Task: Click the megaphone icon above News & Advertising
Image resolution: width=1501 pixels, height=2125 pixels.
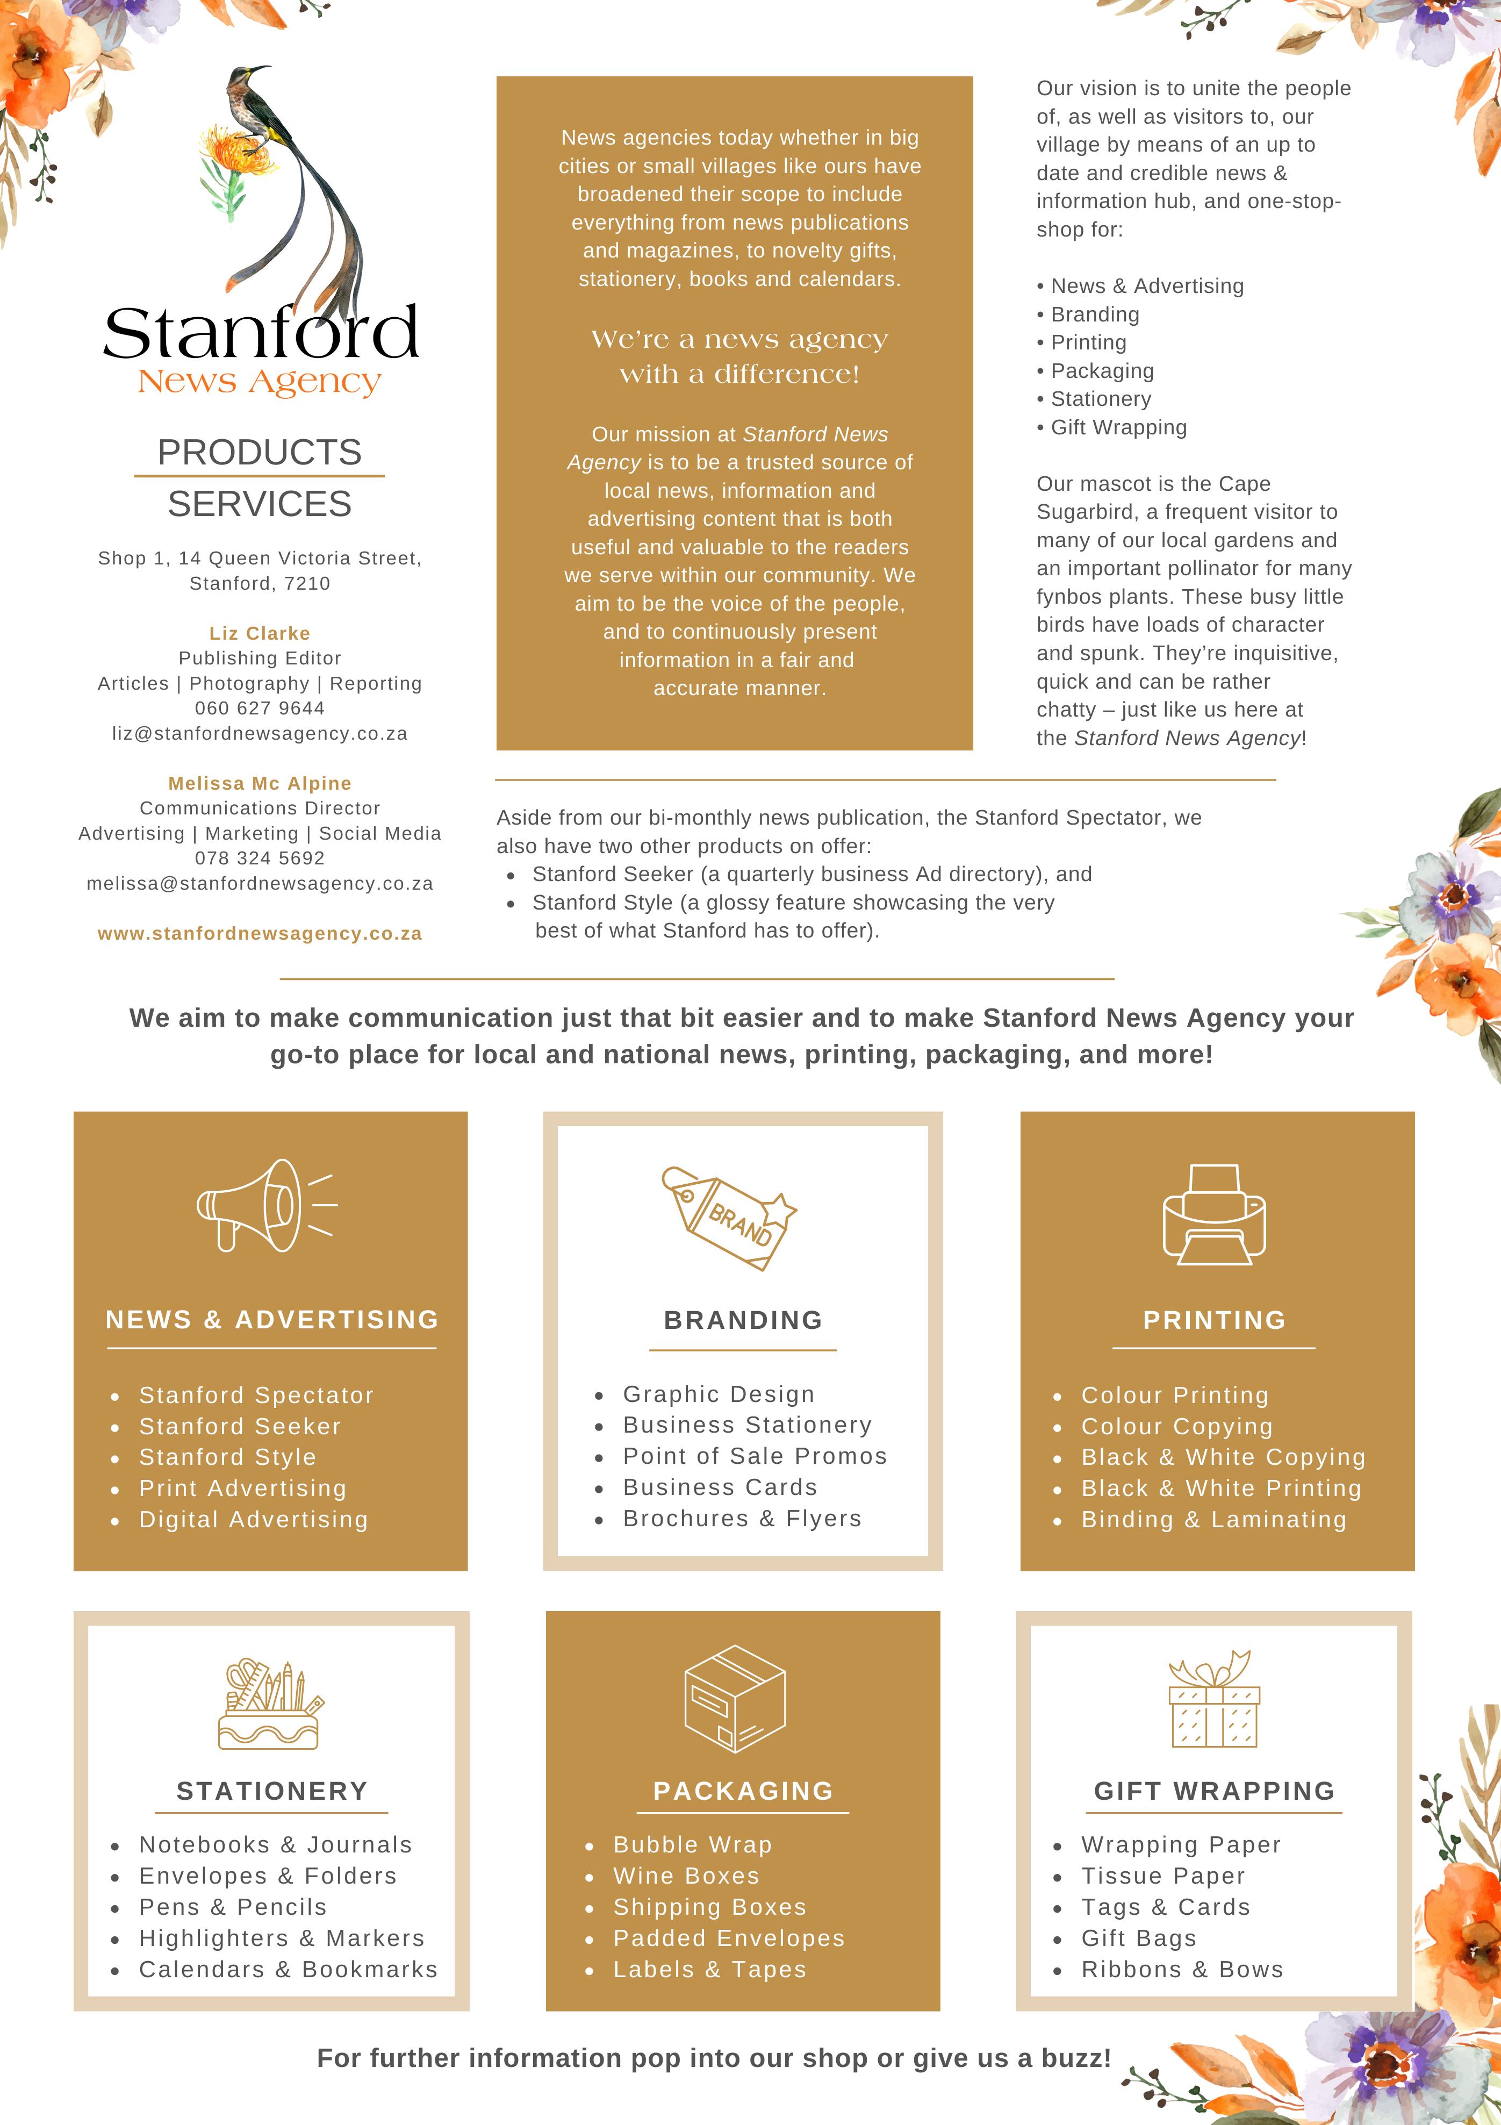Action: (265, 1205)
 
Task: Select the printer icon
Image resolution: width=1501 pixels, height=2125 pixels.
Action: (1213, 1213)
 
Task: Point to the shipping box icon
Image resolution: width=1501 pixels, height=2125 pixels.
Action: (734, 1698)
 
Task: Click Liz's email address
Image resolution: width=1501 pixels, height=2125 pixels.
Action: (260, 733)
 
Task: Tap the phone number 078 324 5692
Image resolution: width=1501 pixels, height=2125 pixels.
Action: (260, 858)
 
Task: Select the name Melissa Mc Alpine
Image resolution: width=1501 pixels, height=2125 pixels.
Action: (260, 783)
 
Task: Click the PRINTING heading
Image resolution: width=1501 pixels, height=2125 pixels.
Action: (1214, 1320)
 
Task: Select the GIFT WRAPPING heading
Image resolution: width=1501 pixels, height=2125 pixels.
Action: (1214, 1791)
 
